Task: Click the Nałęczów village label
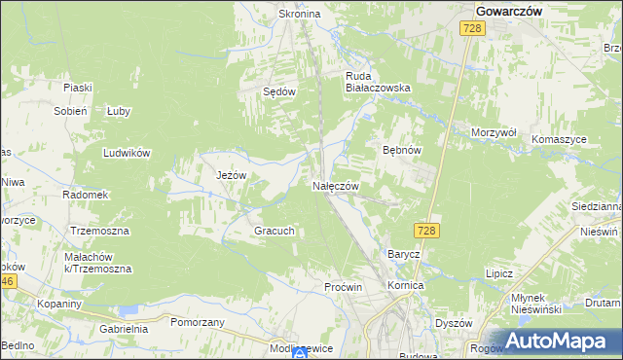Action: [x=337, y=186]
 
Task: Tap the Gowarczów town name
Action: [x=508, y=10]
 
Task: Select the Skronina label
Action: [x=300, y=15]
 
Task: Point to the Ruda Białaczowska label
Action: [x=379, y=80]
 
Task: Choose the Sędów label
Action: [x=279, y=90]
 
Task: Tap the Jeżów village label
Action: [x=231, y=175]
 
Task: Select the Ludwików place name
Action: [x=126, y=153]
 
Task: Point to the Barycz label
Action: [x=403, y=254]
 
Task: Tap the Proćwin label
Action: [x=343, y=287]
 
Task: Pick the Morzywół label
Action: [x=493, y=132]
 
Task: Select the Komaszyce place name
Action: [x=559, y=139]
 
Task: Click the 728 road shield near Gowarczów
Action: [x=472, y=30]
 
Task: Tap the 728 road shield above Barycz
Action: [x=424, y=230]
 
